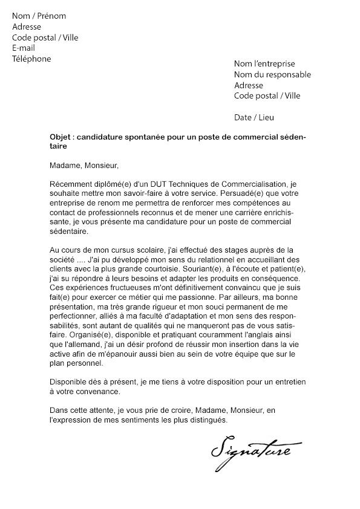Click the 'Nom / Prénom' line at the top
[39, 16]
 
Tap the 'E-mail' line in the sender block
[24, 48]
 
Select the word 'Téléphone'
[31, 59]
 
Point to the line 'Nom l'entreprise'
[264, 63]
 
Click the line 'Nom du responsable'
[272, 74]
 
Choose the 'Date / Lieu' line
[254, 117]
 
